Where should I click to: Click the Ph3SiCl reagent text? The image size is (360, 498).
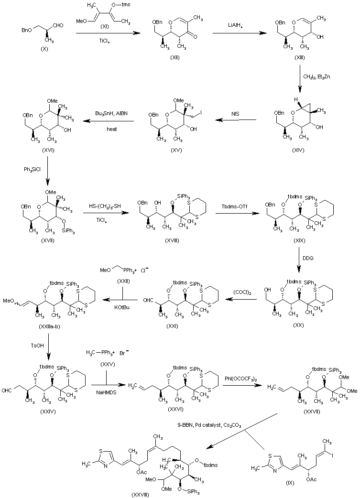(32, 170)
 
